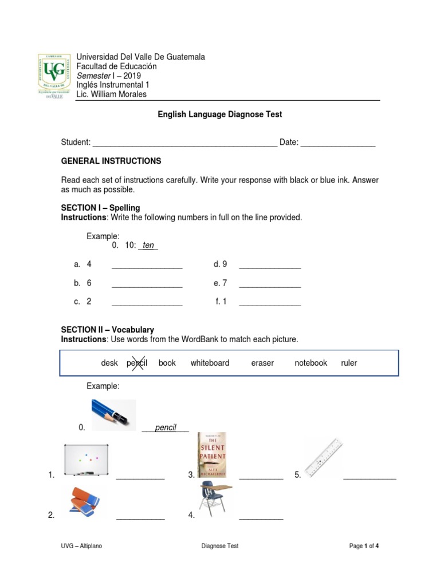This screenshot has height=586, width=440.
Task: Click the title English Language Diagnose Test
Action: coord(220,114)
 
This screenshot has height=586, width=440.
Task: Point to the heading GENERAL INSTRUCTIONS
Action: coord(111,161)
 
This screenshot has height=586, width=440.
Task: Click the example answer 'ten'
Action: coord(148,246)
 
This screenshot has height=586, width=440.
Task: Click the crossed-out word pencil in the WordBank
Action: coord(137,363)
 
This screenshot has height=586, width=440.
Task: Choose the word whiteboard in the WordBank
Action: coord(210,363)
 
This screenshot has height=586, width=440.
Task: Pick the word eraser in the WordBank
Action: coord(262,363)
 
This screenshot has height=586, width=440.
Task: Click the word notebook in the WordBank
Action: coord(311,363)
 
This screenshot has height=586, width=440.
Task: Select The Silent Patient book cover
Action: coord(211,455)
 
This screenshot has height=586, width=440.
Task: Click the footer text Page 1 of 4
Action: coord(364,546)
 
